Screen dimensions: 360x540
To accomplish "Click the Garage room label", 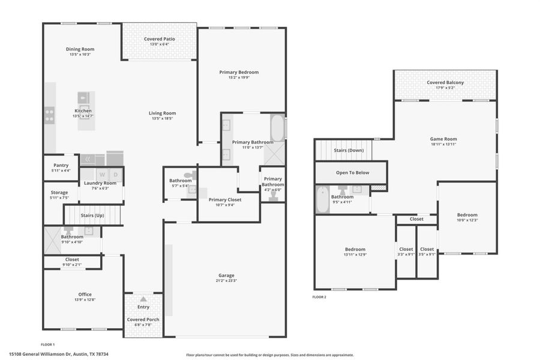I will tap(226, 275).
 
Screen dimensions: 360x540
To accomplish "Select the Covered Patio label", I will tap(160, 39).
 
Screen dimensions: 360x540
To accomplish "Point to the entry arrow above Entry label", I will tap(143, 299).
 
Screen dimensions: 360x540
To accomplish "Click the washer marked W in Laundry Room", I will tap(101, 175).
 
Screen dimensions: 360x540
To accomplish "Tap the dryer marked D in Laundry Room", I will tap(116, 175).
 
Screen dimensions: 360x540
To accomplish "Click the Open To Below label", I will tap(352, 173).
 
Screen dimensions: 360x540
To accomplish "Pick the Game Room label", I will tap(443, 139).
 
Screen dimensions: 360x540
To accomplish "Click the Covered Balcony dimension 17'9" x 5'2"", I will tap(445, 88).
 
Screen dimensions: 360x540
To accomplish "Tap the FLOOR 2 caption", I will tap(319, 297).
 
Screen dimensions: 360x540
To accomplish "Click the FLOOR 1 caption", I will tap(47, 344).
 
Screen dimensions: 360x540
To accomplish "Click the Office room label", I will tap(85, 294).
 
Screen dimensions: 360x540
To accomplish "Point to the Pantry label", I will tap(61, 165).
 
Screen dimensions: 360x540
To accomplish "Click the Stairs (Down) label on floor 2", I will tap(348, 151).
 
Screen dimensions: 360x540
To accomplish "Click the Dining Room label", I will tap(80, 49).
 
